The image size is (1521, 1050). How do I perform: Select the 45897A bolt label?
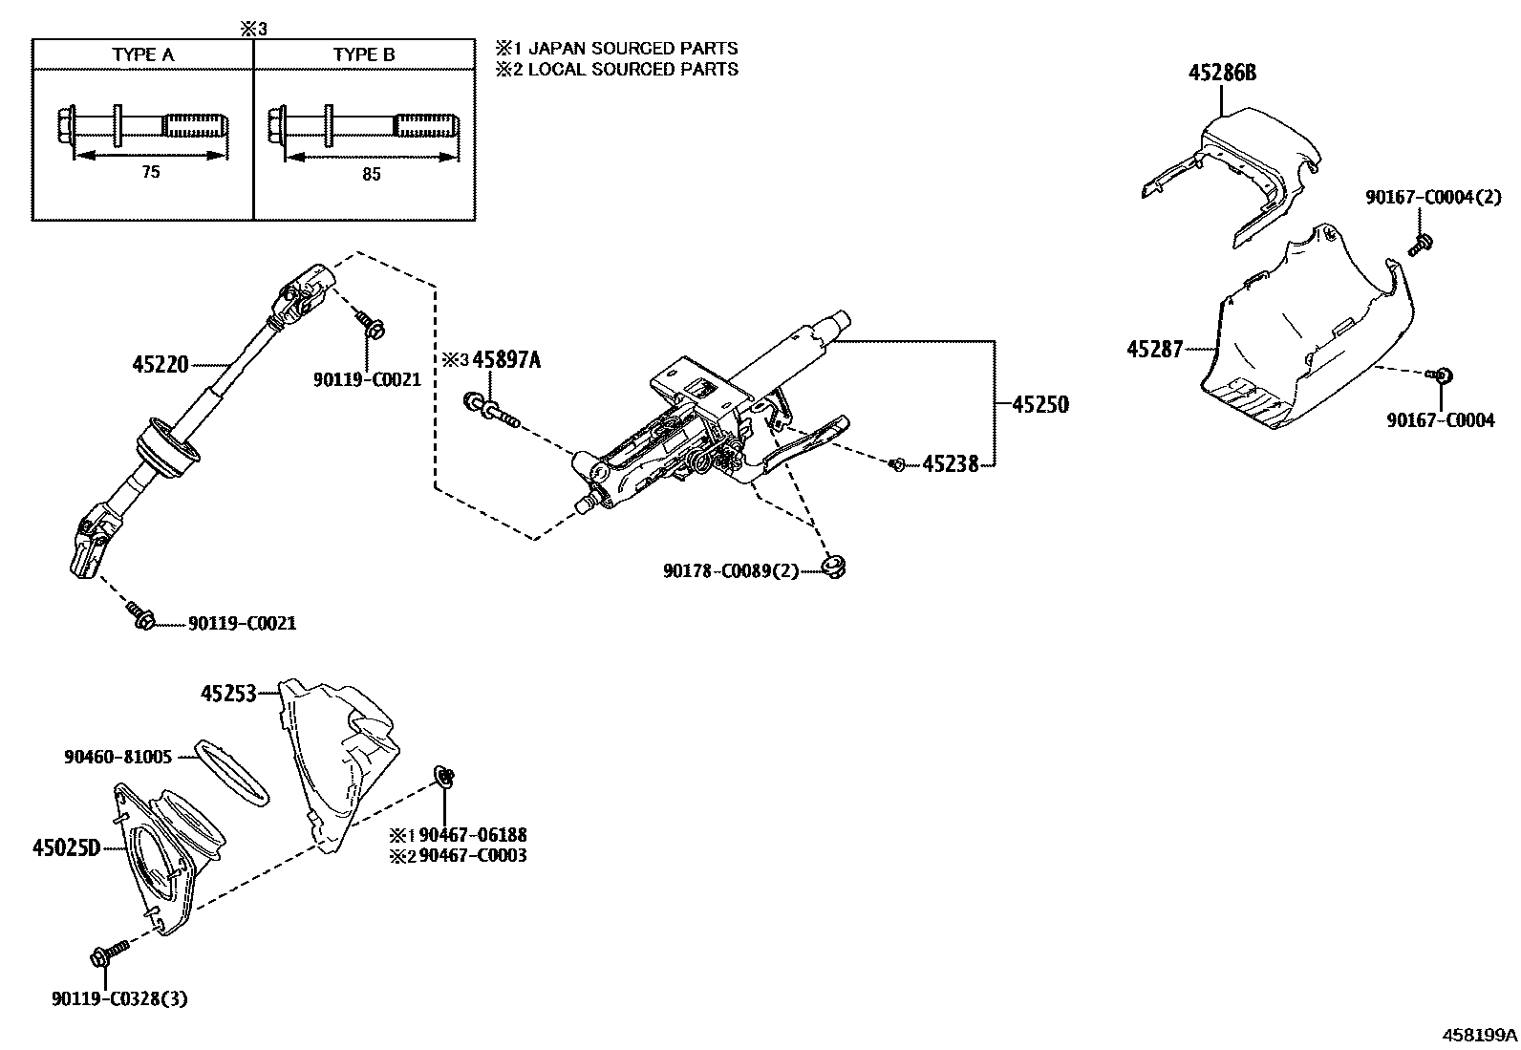(506, 360)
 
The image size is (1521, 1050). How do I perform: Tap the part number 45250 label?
(1039, 404)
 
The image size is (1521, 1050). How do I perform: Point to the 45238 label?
(950, 464)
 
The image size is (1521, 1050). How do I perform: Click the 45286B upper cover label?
(1222, 73)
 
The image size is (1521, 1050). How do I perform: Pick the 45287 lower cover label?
(1155, 350)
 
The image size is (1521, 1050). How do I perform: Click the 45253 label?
(228, 694)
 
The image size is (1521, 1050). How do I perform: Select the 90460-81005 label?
(118, 757)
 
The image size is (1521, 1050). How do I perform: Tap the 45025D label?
(66, 846)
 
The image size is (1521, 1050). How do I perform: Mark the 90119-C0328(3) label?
(119, 999)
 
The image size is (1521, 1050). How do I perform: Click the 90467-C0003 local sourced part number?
(473, 855)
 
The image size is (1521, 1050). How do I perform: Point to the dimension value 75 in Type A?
(150, 173)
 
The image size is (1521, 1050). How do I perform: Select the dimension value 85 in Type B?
(371, 174)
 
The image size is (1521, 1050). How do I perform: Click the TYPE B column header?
(364, 54)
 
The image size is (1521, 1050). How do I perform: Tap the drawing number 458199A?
(1479, 1035)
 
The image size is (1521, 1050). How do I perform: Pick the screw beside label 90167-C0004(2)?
(1419, 246)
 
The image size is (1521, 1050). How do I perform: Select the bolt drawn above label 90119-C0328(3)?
(109, 954)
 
